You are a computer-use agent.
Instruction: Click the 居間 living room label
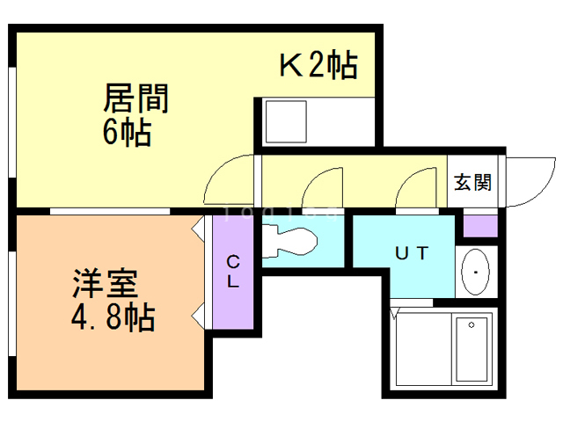click(135, 97)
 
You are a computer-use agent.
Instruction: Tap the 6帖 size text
click(127, 134)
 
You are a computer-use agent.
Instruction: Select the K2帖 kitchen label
click(318, 65)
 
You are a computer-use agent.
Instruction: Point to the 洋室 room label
click(105, 286)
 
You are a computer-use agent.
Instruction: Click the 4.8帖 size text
click(113, 316)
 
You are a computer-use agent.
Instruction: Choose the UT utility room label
click(410, 254)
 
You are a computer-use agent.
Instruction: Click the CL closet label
click(233, 272)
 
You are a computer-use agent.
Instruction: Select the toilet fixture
click(289, 240)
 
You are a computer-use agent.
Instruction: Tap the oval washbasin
click(476, 272)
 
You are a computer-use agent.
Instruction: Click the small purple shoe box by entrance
click(480, 225)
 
